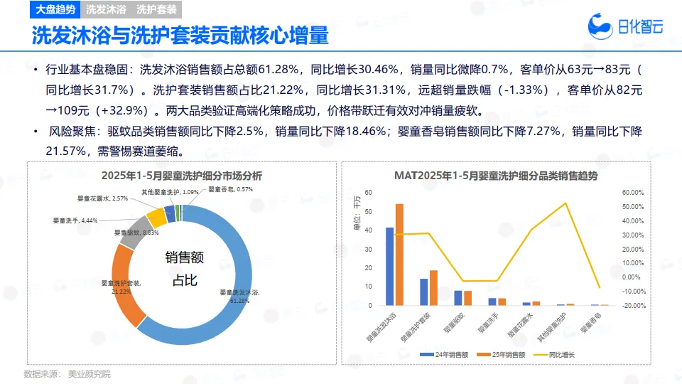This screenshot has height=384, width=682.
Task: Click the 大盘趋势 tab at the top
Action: pos(56,10)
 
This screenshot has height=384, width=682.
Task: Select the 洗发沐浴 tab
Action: pos(106,10)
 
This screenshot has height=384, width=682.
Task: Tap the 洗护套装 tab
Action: pos(157,10)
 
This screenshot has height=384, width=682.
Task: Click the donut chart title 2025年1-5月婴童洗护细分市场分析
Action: pos(182,176)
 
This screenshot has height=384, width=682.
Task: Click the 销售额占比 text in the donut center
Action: pos(181,268)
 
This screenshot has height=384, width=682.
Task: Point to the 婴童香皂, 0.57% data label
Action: pos(230,189)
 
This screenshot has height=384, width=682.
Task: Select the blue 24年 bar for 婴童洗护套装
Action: pos(424,292)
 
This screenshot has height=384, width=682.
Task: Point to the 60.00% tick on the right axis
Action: pos(632,193)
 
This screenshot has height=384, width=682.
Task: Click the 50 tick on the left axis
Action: pos(368,211)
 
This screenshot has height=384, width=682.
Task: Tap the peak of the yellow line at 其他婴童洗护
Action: pos(566,203)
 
